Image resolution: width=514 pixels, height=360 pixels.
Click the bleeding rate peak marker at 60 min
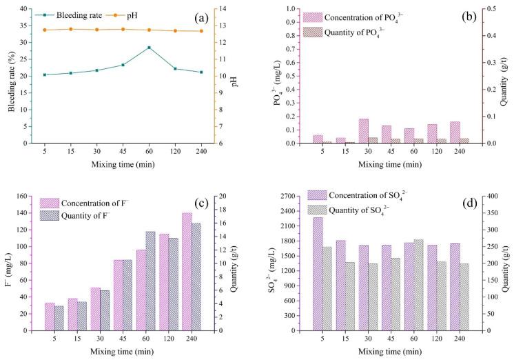pos(149,48)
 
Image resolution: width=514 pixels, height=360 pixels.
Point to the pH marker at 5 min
pos(45,30)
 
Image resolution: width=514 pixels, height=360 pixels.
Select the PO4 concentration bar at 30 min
pos(363,131)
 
